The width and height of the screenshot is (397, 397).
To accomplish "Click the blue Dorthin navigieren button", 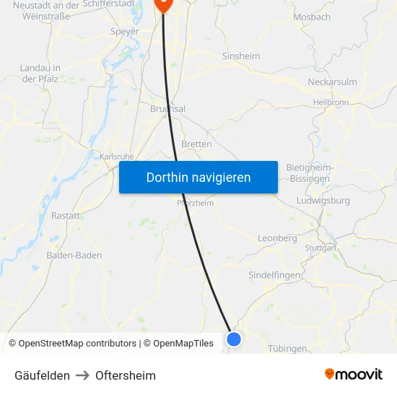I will click(x=198, y=177).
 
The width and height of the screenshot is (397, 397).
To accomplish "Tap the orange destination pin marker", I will click(x=164, y=4).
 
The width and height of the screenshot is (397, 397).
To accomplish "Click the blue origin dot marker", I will click(x=233, y=338).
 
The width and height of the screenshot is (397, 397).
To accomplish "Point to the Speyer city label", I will click(x=124, y=31).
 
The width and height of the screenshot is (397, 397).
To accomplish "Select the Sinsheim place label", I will click(x=241, y=56).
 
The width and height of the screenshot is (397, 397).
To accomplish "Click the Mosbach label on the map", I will click(x=312, y=17).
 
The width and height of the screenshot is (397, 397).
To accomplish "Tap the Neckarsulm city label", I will click(x=332, y=82).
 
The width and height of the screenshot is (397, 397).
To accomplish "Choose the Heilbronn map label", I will click(x=331, y=102).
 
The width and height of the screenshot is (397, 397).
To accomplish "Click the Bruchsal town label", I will click(x=167, y=109).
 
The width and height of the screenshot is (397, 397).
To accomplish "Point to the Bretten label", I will click(x=196, y=144).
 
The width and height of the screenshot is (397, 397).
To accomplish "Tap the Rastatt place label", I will click(x=66, y=215).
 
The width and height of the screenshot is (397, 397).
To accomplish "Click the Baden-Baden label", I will click(x=74, y=255).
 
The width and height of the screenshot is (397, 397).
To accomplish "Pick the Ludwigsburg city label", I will click(x=323, y=200).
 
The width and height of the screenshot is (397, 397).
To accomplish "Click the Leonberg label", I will click(x=277, y=238).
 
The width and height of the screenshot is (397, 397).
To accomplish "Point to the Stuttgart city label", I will click(x=320, y=248).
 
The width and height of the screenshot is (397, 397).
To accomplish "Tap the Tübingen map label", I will click(x=287, y=349).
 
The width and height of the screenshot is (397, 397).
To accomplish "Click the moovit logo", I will click(x=353, y=374).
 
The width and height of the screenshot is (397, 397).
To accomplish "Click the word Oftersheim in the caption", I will click(x=126, y=375).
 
